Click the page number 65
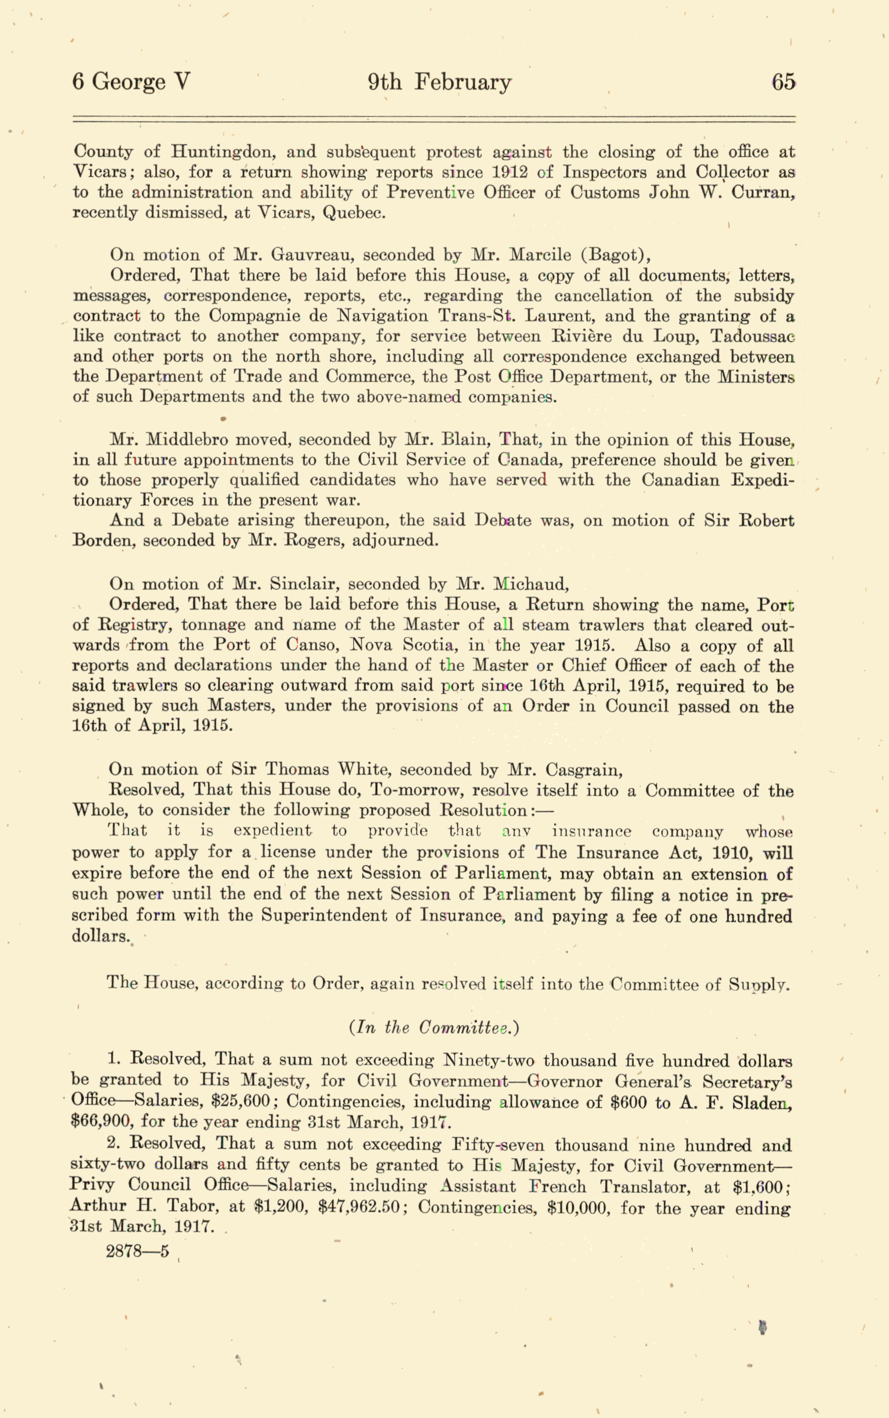click(x=783, y=82)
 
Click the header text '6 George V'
click(x=131, y=82)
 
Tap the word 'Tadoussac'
click(x=753, y=336)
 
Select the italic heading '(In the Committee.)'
click(x=434, y=1028)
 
